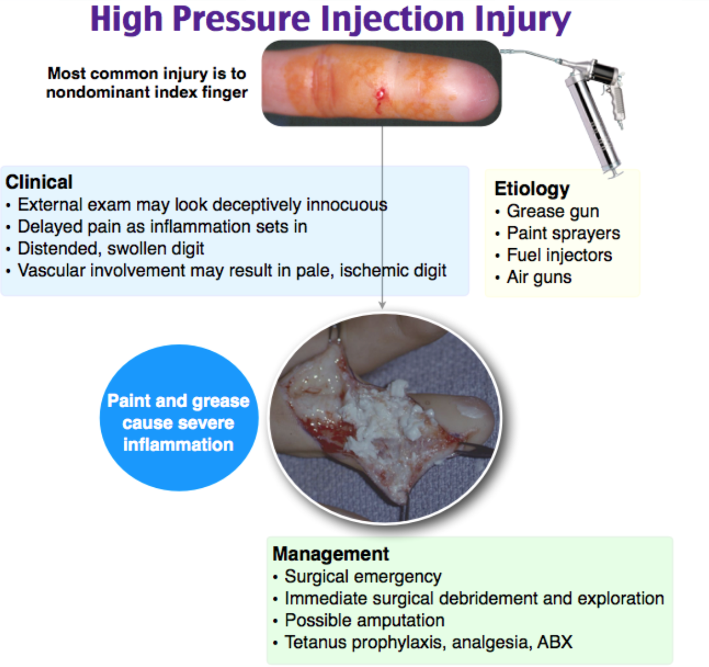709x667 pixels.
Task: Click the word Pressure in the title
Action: (x=242, y=19)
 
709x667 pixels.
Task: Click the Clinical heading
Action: (x=39, y=182)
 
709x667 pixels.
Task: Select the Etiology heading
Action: (x=532, y=189)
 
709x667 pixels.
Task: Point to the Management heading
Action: (x=330, y=554)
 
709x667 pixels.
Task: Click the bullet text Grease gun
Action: (x=552, y=211)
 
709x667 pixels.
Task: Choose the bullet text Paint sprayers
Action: (x=563, y=233)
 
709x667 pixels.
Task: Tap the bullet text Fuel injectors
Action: (x=559, y=255)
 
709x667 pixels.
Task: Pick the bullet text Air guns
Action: (x=539, y=278)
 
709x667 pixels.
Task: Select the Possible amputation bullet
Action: (x=364, y=620)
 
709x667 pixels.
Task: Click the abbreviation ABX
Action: (x=555, y=642)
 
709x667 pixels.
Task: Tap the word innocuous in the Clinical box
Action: (x=346, y=205)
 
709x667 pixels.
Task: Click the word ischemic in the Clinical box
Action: (x=373, y=271)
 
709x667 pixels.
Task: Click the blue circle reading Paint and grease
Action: (x=179, y=418)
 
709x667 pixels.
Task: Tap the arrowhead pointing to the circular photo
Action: (x=382, y=305)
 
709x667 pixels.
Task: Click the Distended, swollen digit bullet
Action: (x=111, y=249)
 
